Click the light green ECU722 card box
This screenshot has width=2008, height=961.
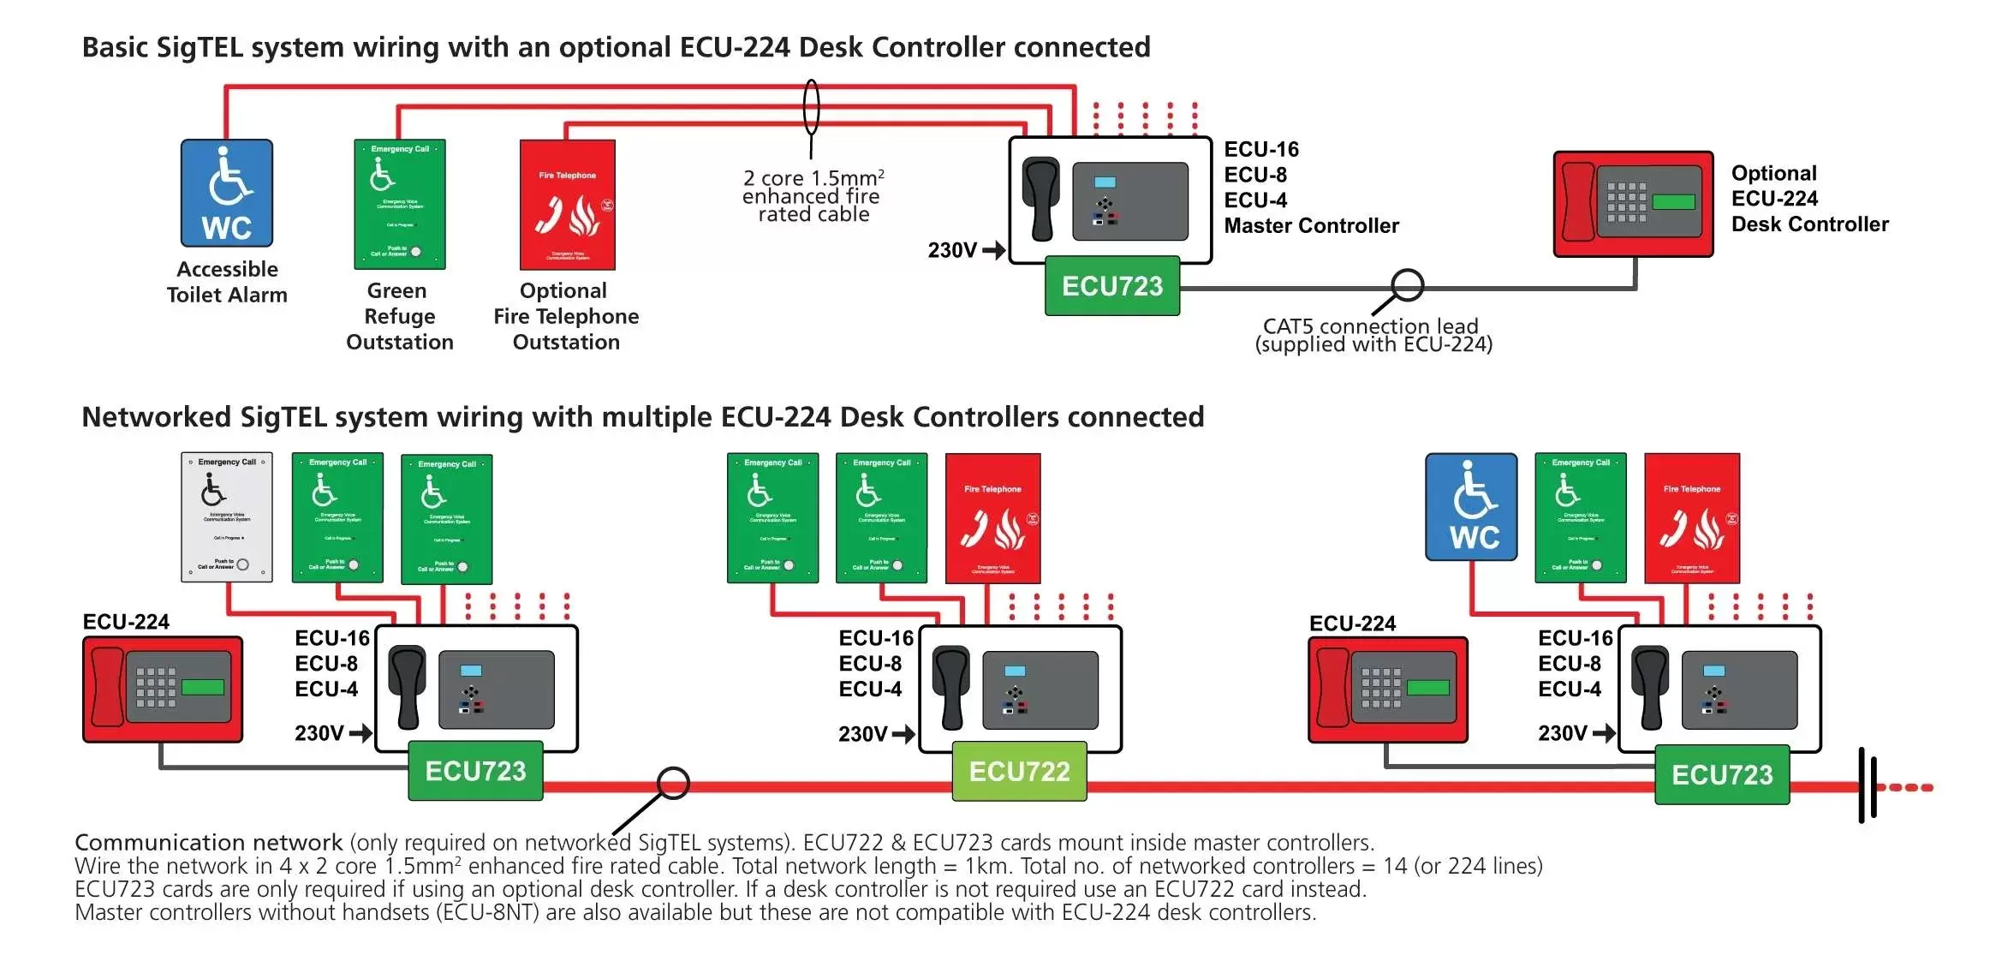[x=1019, y=771]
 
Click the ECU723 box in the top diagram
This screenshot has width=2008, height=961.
[x=1111, y=286]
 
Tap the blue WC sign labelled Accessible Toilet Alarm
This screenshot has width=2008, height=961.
[x=227, y=194]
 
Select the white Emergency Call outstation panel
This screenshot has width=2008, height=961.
[x=227, y=517]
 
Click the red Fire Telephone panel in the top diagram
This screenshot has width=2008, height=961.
[x=567, y=205]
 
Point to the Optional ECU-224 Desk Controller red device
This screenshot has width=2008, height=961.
[x=1633, y=204]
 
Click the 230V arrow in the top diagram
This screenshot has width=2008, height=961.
[x=993, y=250]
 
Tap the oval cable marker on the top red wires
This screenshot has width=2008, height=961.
[x=811, y=107]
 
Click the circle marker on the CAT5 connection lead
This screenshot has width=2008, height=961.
[x=1407, y=285]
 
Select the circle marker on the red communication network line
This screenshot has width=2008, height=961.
[x=673, y=783]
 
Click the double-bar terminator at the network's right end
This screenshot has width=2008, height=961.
[x=1868, y=786]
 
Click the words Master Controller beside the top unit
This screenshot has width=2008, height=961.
[x=1311, y=226]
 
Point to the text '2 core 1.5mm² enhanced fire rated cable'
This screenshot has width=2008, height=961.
[x=813, y=196]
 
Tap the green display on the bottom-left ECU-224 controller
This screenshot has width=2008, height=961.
[x=203, y=687]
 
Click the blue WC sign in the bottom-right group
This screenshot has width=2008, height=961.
[x=1470, y=507]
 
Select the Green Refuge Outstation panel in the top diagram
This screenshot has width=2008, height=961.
[x=400, y=205]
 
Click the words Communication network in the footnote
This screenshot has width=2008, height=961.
[x=208, y=843]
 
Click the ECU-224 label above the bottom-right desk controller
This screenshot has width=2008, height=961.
[x=1352, y=624]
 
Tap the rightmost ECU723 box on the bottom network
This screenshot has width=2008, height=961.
[x=1721, y=775]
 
